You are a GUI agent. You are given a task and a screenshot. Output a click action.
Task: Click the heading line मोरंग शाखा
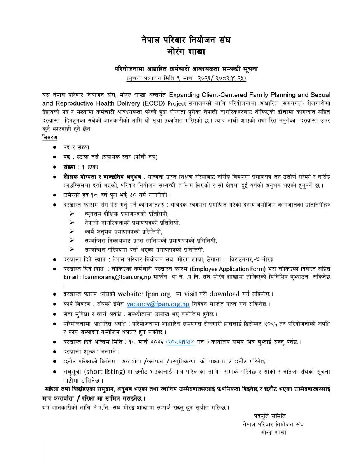180,51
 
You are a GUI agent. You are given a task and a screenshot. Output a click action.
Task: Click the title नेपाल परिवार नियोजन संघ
180,40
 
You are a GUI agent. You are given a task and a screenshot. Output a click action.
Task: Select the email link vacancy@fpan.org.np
158,304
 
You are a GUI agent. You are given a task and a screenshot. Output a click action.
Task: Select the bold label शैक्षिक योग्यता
79,177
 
